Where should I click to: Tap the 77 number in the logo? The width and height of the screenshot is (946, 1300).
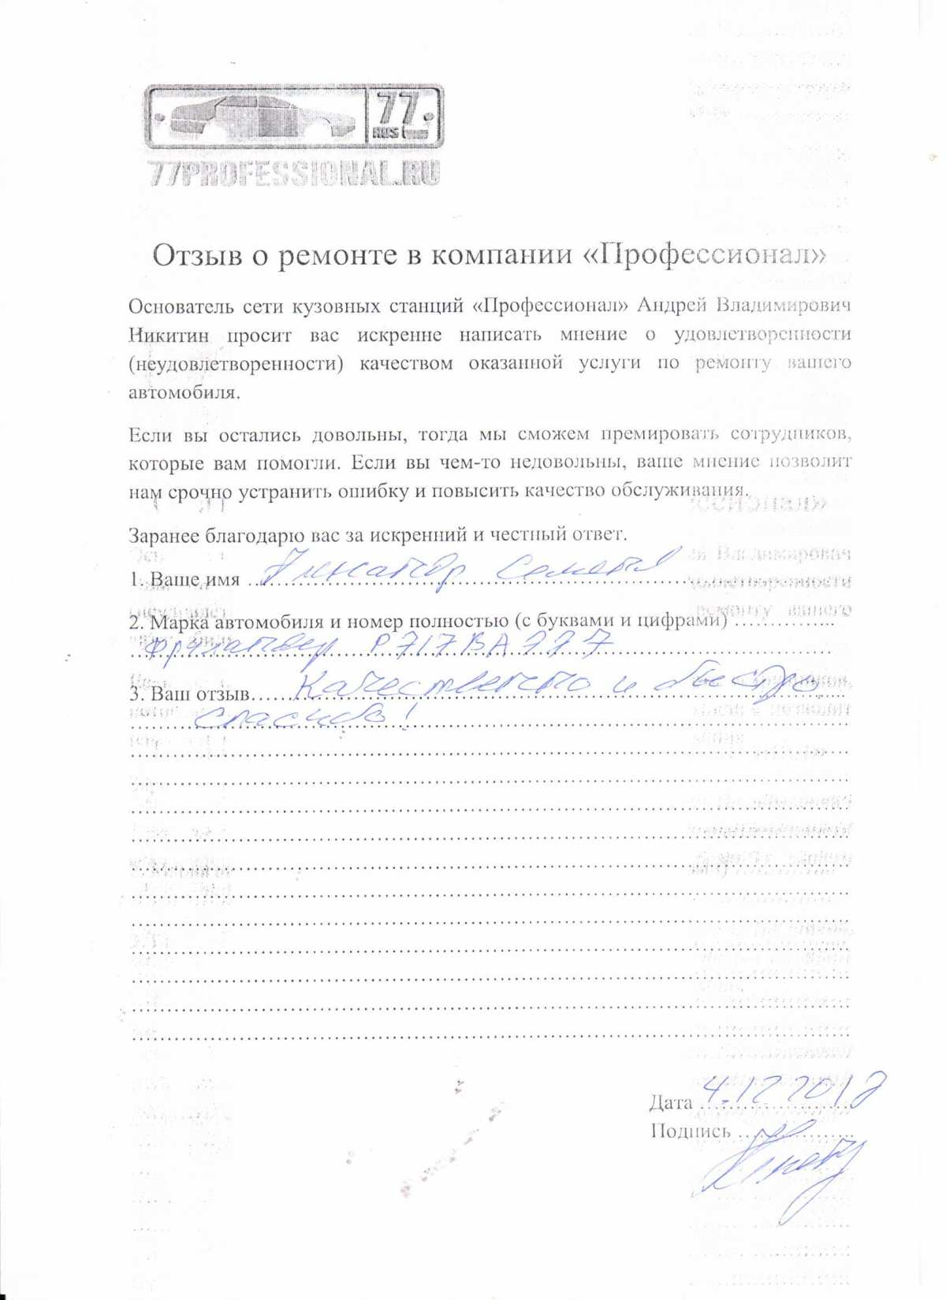pos(402,110)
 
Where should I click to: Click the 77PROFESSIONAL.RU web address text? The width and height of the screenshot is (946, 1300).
pos(293,173)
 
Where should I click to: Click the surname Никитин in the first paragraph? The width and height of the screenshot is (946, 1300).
pos(169,335)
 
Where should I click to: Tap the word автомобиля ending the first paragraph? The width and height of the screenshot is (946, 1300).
pos(183,392)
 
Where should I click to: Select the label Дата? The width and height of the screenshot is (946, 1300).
pos(671,1102)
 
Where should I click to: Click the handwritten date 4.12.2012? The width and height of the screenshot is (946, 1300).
pos(792,1090)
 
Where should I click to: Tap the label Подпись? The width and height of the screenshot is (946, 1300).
pos(691,1131)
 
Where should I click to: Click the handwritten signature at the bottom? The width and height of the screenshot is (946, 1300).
pos(780,1174)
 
